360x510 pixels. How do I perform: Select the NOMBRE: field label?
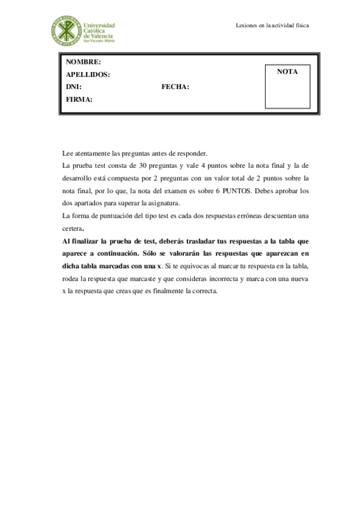[x=84, y=63]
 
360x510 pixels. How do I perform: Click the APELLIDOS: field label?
[x=88, y=75]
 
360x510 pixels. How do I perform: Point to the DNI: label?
[x=73, y=87]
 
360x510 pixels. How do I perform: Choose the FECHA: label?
[x=175, y=87]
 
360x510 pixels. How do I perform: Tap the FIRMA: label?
[x=79, y=100]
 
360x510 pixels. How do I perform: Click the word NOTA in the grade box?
[x=287, y=72]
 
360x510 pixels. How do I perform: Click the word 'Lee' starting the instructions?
[x=67, y=153]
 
